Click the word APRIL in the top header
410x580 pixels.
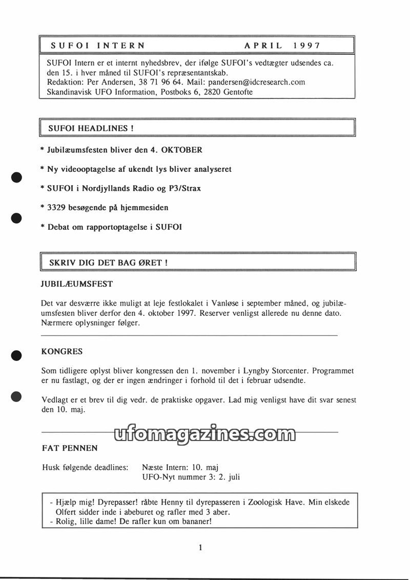[263, 45]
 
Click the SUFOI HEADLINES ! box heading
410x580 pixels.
[91, 128]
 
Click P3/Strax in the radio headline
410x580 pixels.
[184, 189]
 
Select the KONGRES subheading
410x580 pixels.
[61, 352]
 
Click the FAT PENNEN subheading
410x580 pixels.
[70, 448]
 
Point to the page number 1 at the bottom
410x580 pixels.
[200, 548]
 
